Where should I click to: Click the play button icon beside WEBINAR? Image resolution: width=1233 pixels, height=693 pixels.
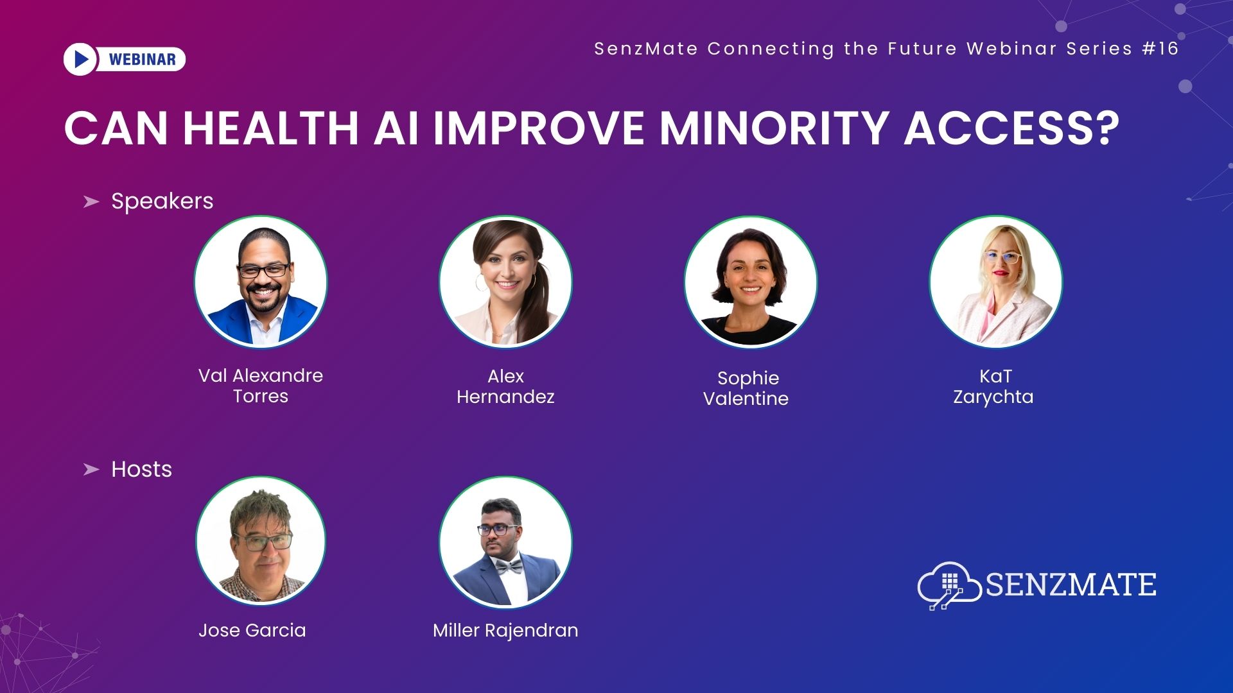click(x=80, y=59)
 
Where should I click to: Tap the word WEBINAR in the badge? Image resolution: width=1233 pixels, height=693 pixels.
click(x=142, y=60)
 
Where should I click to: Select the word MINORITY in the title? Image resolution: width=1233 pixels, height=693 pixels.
click(x=774, y=128)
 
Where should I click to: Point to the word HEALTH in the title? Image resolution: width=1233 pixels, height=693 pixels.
click(x=270, y=128)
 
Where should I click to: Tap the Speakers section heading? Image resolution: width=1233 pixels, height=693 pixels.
click(x=162, y=201)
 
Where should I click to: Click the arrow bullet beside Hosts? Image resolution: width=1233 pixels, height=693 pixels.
click(x=91, y=470)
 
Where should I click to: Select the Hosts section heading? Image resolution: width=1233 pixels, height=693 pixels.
click(x=141, y=469)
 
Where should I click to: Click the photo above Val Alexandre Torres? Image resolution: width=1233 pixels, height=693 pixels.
click(x=261, y=282)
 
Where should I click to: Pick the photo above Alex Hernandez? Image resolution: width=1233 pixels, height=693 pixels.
click(x=505, y=282)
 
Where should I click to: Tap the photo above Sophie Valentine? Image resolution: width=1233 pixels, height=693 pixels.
click(x=750, y=282)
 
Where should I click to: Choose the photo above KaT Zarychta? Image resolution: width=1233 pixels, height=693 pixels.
click(x=995, y=282)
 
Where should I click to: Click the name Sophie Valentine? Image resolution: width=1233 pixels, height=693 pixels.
click(x=746, y=388)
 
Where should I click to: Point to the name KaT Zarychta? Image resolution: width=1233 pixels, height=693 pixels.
click(x=993, y=386)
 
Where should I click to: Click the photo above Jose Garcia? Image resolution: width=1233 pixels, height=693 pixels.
click(x=261, y=541)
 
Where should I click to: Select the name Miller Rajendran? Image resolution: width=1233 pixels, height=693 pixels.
click(x=505, y=631)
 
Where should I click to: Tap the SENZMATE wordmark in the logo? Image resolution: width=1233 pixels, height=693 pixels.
click(x=1071, y=585)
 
